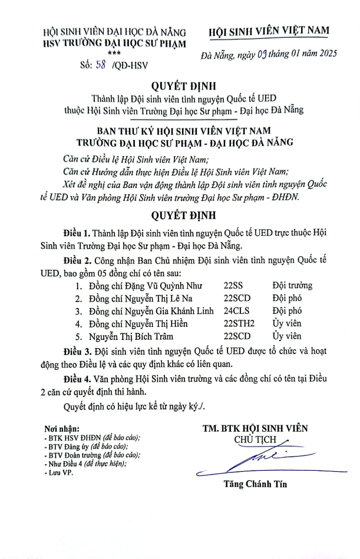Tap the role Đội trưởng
click(292, 286)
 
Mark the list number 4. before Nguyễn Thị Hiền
click(78, 323)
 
